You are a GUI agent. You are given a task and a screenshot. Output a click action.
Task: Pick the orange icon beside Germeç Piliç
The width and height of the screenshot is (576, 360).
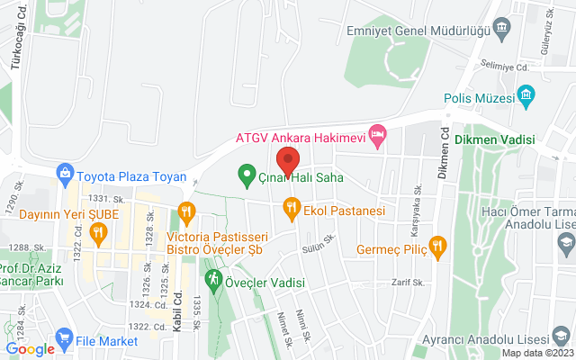point(437,246)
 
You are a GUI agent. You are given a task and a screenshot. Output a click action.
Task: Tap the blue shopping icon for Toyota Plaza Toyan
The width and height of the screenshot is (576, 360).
point(65,172)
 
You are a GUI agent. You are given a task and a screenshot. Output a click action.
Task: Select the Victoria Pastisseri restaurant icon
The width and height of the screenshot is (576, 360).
point(187,213)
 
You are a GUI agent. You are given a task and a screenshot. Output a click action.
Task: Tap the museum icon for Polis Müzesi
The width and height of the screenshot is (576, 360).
point(527,95)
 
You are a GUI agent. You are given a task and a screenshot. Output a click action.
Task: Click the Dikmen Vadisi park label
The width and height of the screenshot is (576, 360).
point(495,139)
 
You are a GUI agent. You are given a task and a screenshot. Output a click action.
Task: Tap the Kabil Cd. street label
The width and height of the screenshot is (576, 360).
point(178,286)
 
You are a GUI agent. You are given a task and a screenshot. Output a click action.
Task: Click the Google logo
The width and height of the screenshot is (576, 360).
point(30,349)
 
